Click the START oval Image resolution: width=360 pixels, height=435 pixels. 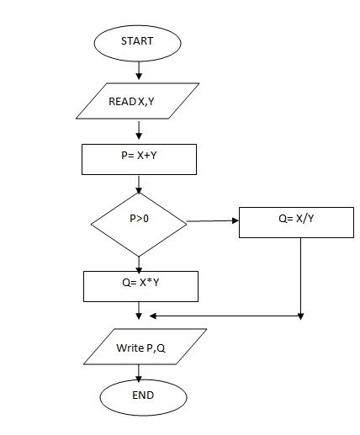point(138,40)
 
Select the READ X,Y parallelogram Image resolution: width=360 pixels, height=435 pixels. point(138,100)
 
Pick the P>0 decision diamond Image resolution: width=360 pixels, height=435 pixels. point(138,222)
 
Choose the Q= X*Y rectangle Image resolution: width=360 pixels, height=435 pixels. point(140,285)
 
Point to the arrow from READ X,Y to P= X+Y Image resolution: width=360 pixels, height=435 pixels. point(138,130)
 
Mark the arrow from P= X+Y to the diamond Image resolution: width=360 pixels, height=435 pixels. point(138,183)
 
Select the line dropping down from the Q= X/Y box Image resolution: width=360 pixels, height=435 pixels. point(300,278)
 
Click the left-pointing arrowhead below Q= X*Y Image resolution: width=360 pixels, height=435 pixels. point(154,317)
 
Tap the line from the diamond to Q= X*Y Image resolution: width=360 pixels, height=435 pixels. point(138,262)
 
